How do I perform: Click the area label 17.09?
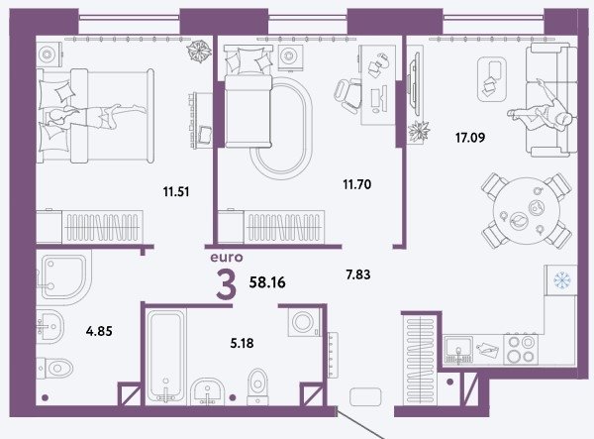(470, 137)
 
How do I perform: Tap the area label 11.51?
(176, 192)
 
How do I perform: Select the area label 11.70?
(356, 184)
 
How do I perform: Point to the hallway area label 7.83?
(358, 274)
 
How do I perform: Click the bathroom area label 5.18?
(242, 344)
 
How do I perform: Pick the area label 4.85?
(99, 331)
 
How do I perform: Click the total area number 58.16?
(267, 282)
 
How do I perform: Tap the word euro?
(226, 258)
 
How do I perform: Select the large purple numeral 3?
(226, 285)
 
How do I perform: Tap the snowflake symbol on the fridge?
(560, 280)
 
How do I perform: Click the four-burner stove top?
(521, 350)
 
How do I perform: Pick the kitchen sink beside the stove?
(458, 350)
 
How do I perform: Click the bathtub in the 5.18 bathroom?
(165, 356)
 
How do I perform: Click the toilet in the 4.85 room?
(55, 368)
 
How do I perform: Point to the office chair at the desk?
(347, 95)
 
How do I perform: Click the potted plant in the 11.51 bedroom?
(200, 51)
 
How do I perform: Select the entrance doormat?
(365, 397)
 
